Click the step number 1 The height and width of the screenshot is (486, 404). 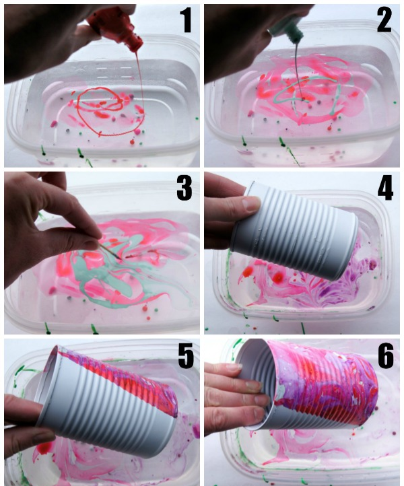[x=186, y=20]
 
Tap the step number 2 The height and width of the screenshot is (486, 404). [x=384, y=20]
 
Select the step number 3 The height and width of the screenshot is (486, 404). [x=184, y=188]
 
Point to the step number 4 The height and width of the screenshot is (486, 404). [x=385, y=187]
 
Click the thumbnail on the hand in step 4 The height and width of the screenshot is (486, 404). [x=250, y=203]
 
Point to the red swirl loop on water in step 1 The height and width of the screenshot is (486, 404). [x=106, y=112]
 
